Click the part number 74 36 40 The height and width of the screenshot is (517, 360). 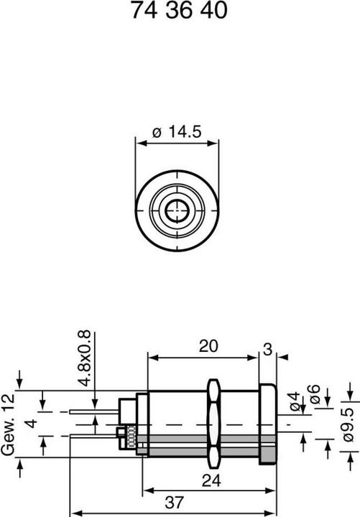pyautogui.click(x=179, y=10)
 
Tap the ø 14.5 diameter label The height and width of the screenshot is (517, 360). pyautogui.click(x=177, y=131)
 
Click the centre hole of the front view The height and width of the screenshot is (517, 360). pyautogui.click(x=177, y=210)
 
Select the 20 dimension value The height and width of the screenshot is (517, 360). pyautogui.click(x=208, y=346)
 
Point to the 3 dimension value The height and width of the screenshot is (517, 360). pyautogui.click(x=267, y=350)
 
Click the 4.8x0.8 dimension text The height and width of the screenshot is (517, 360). pyautogui.click(x=85, y=358)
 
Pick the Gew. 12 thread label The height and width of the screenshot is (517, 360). pyautogui.click(x=8, y=424)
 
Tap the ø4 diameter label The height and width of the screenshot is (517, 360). pyautogui.click(x=295, y=401)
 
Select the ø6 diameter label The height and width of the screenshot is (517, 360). pyautogui.click(x=315, y=394)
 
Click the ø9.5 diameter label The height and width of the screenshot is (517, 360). pyautogui.click(x=348, y=424)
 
